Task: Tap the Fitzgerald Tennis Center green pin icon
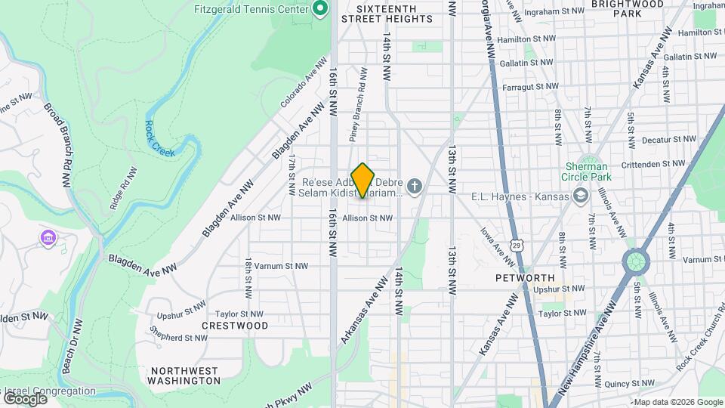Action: [x=319, y=9]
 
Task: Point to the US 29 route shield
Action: [x=516, y=245]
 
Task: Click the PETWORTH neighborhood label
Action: [x=525, y=278]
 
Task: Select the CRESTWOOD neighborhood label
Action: [x=235, y=326]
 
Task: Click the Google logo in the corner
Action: [x=25, y=398]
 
